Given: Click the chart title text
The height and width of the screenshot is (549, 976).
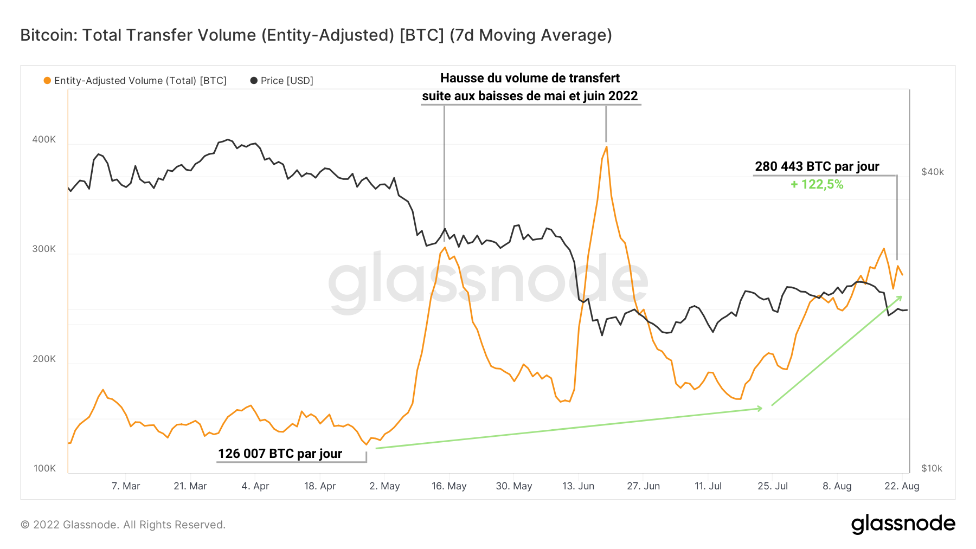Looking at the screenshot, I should click(x=316, y=35).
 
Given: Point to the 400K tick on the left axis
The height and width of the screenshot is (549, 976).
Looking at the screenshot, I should click(x=44, y=139).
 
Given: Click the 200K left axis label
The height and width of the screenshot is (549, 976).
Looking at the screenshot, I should click(x=44, y=359).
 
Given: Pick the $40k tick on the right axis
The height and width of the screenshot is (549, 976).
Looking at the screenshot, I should click(x=932, y=172).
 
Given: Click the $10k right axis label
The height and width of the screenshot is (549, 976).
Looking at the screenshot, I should click(x=932, y=468).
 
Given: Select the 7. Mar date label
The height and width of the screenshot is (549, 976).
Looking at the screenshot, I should click(x=126, y=486).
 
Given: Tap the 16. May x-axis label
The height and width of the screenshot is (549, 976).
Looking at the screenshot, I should click(x=449, y=486).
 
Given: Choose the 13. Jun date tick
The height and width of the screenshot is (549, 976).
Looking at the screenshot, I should click(x=578, y=486).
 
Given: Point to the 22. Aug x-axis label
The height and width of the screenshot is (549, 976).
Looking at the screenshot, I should click(x=902, y=486).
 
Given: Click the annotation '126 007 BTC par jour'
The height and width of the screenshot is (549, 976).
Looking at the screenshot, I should click(x=280, y=454).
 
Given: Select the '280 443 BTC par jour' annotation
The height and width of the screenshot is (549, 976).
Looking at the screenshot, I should click(x=817, y=166).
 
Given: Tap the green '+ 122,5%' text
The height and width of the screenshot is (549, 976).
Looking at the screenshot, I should click(x=817, y=184).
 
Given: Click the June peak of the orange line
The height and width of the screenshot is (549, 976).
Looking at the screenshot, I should click(x=606, y=147).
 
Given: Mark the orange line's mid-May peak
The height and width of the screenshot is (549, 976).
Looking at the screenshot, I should click(x=445, y=248).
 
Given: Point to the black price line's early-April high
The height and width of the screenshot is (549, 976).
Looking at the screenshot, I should click(x=228, y=139).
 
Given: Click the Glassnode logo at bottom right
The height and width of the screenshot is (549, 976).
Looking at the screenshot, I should click(x=903, y=524).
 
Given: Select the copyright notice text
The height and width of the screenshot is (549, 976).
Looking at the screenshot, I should click(x=123, y=525).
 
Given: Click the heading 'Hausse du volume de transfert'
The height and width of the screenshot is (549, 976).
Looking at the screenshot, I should click(x=530, y=78).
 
